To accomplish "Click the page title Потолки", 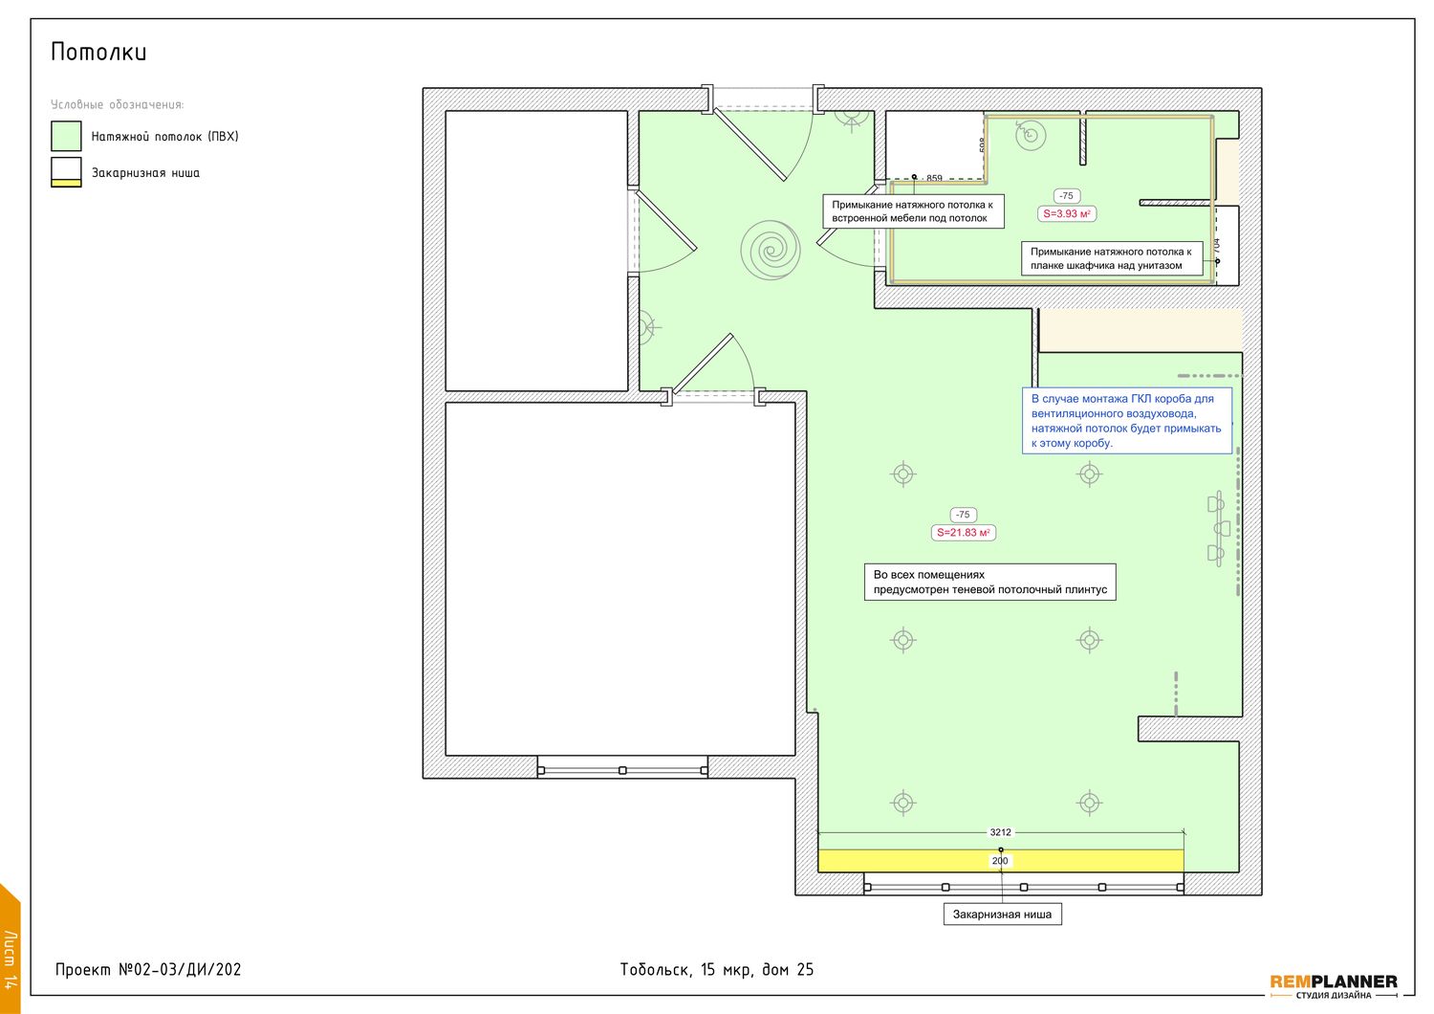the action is click(98, 52).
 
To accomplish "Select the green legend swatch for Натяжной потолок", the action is click(66, 137).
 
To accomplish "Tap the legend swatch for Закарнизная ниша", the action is click(66, 172).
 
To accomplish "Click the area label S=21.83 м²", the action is click(964, 533).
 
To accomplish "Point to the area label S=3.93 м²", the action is click(1067, 214).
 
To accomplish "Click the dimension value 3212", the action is click(1001, 832).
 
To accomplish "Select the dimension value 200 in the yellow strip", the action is click(1000, 861).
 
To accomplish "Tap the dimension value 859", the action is click(935, 178).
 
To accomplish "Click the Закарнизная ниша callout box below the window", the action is click(1003, 915).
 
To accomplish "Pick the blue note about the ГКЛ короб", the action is click(1127, 421).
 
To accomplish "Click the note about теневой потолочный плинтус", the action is click(990, 583).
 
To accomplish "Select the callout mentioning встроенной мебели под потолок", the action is click(914, 211).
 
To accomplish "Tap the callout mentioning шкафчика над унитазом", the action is click(1112, 259).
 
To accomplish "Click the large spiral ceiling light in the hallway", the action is click(771, 250).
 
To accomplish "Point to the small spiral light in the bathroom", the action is click(1031, 135).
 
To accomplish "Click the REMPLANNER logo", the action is click(1334, 986).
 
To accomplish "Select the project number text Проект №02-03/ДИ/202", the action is click(148, 970).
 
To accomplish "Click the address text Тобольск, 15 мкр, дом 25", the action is click(717, 970).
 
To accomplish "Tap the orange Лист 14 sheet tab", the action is click(10, 951).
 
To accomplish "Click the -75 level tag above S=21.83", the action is click(964, 515).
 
